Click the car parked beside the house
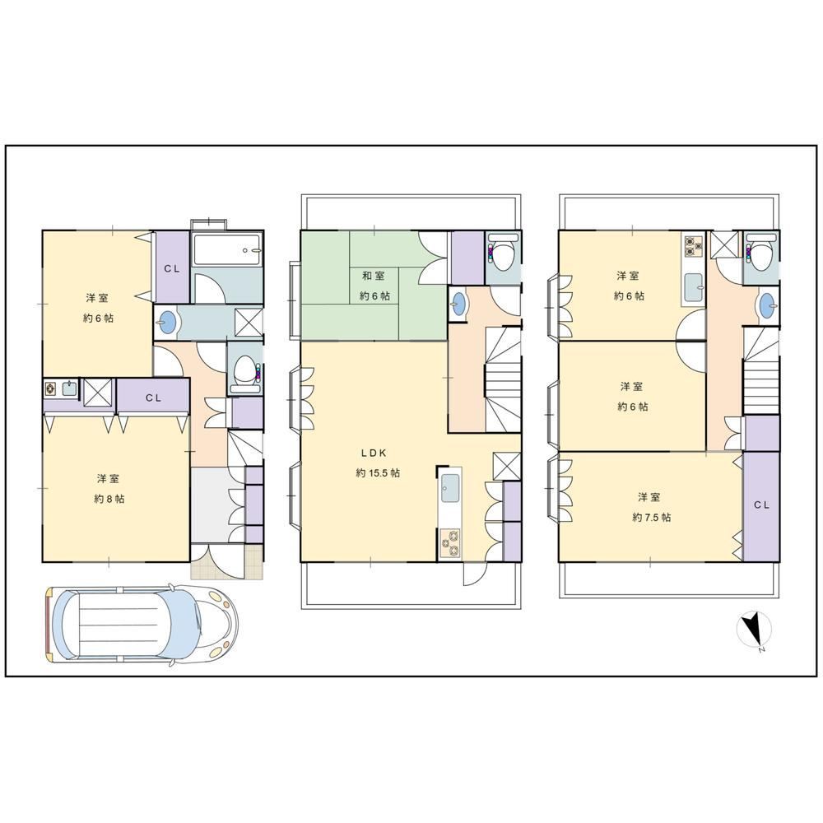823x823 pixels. coord(142,626)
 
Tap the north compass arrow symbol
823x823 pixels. coord(754,630)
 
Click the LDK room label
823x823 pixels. coord(374,453)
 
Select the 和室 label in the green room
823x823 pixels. coord(373,276)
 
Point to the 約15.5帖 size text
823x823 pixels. coord(378,473)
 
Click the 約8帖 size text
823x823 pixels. coord(109,499)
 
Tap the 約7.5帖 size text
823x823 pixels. coord(651,517)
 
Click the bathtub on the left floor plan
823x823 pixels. coord(226,249)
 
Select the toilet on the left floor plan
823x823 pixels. coord(244,372)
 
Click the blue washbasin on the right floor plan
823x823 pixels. coord(767,305)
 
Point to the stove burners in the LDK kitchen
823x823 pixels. coord(449,544)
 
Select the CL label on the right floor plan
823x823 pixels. coord(761,505)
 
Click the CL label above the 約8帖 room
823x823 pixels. coord(153,398)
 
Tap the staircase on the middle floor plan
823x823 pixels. coord(503,379)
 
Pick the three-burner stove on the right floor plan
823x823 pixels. coord(693,245)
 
